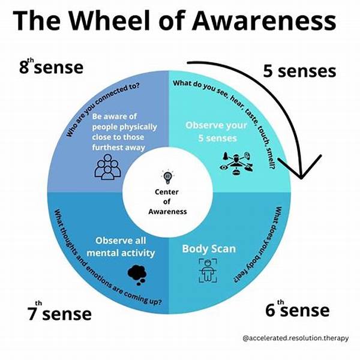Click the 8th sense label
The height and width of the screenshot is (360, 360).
click(51, 67)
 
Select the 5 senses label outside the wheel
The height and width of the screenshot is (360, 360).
click(299, 71)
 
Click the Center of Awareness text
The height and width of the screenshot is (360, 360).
click(168, 202)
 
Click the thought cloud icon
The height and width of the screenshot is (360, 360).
click(137, 273)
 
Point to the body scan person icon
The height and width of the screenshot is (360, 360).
click(206, 272)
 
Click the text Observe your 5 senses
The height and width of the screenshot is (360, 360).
click(215, 131)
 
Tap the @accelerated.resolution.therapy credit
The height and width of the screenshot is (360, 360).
click(295, 338)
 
